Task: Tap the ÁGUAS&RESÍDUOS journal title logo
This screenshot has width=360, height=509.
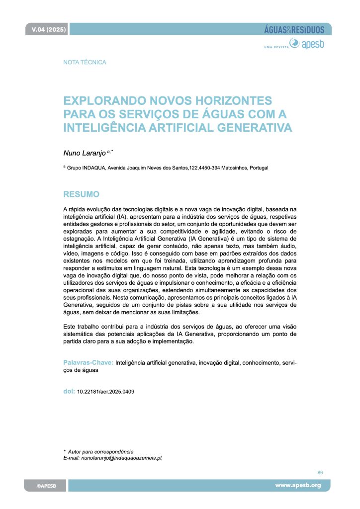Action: pyautogui.click(x=294, y=30)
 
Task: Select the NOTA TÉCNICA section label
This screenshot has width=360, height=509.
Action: pyautogui.click(x=85, y=62)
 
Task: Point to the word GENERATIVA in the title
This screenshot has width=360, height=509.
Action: pyautogui.click(x=249, y=128)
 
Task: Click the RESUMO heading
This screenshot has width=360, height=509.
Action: pyautogui.click(x=82, y=194)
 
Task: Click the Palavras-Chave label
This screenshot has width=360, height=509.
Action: pyautogui.click(x=89, y=363)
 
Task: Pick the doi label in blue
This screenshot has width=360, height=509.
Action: pyautogui.click(x=69, y=391)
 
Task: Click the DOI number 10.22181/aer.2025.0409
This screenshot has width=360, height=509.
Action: pyautogui.click(x=105, y=392)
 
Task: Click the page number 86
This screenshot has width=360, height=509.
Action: pyautogui.click(x=320, y=472)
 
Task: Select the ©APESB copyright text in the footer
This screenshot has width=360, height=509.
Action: pyautogui.click(x=46, y=486)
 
